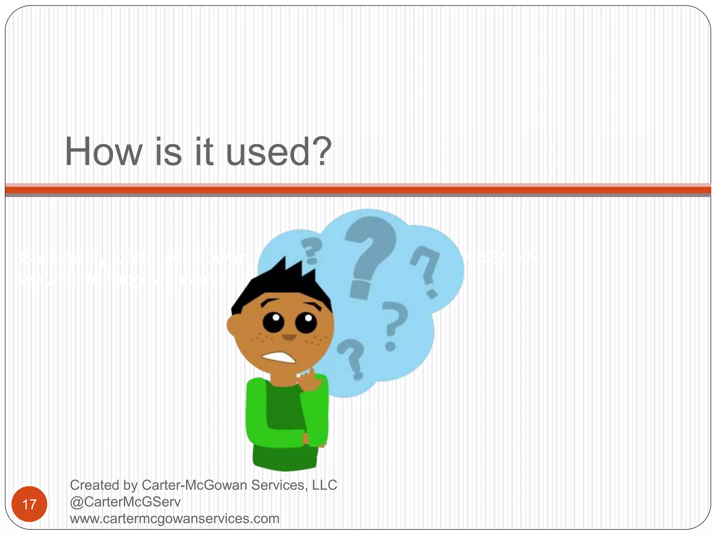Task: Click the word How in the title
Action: pos(103,152)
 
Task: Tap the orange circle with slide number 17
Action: pos(29,504)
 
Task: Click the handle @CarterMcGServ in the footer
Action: pos(125,502)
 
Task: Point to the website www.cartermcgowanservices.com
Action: pos(174,518)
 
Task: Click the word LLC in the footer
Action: pos(325,485)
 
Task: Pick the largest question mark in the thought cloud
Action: pos(370,255)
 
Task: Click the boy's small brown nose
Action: pos(289,337)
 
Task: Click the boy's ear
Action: pos(232,325)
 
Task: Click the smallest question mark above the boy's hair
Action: pos(311,250)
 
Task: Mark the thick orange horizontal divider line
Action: pos(358,190)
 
